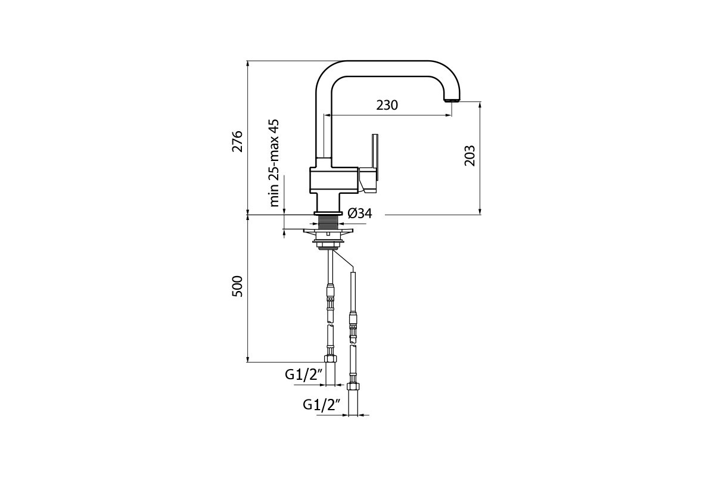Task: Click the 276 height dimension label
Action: click(237, 141)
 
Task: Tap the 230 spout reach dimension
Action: click(387, 105)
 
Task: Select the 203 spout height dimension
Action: click(470, 156)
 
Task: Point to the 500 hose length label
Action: click(237, 286)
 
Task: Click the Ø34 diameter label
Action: click(360, 213)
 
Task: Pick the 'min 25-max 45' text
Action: click(273, 163)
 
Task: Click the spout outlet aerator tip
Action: click(452, 100)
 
